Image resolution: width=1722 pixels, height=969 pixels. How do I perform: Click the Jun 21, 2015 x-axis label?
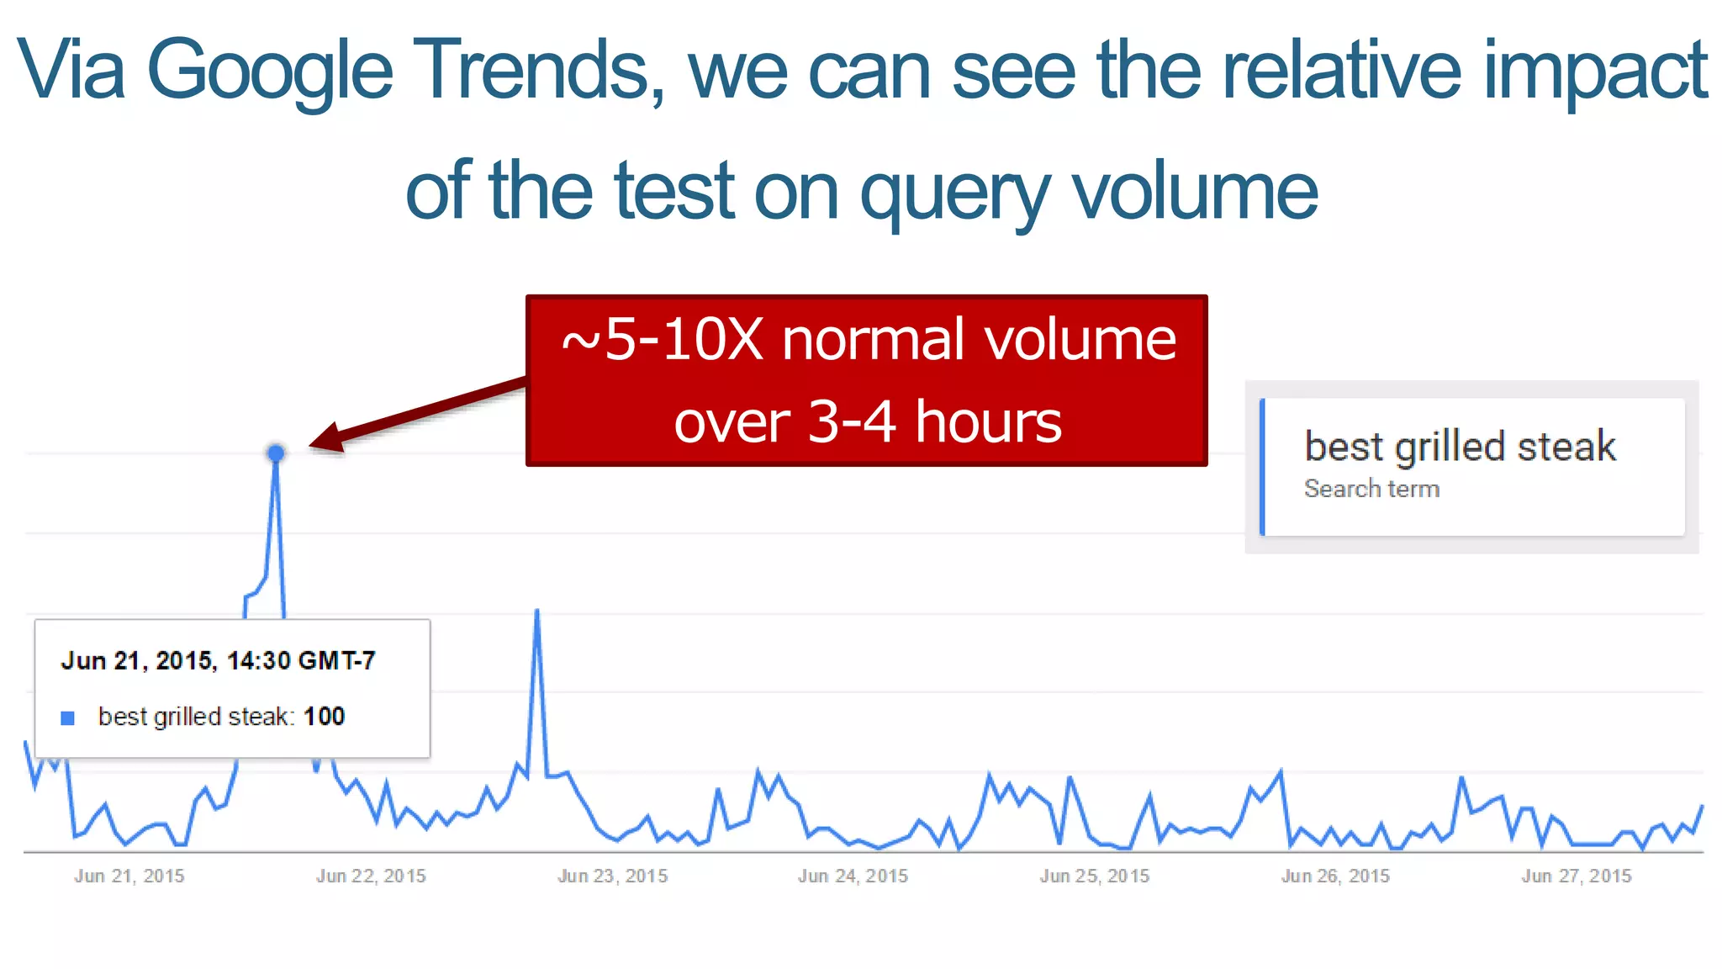(129, 876)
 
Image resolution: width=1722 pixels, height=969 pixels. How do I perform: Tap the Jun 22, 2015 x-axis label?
(371, 876)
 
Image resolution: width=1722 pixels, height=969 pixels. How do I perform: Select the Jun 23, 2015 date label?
(612, 876)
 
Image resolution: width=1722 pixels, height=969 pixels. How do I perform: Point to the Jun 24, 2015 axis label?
(853, 876)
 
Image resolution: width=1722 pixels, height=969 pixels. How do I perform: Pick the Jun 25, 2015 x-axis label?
(1094, 876)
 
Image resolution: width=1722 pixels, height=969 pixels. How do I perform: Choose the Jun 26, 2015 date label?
(1335, 876)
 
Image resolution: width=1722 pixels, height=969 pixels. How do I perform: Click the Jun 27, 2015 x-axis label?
(1576, 876)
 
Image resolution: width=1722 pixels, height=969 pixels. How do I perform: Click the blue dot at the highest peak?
(276, 453)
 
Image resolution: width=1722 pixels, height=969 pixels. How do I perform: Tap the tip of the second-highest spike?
(537, 611)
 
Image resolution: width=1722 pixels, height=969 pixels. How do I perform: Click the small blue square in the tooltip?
(68, 717)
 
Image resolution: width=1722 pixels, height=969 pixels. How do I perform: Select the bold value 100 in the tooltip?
(324, 717)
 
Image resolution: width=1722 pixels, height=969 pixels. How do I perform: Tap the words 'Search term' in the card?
(1371, 489)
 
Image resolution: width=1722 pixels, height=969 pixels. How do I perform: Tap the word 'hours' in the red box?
(988, 421)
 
